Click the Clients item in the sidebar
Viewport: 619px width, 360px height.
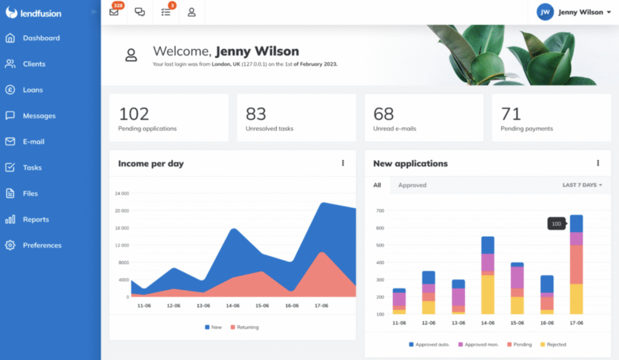click(34, 64)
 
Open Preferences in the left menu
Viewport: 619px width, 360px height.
click(42, 245)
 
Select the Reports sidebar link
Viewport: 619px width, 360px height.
click(36, 219)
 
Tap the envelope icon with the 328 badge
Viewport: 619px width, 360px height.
click(114, 12)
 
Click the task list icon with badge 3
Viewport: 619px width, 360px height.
click(166, 12)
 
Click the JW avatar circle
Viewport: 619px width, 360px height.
click(545, 12)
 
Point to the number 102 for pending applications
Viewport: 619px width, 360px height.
click(134, 114)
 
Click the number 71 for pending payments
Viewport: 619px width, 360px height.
click(511, 114)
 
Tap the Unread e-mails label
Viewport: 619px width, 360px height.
click(394, 129)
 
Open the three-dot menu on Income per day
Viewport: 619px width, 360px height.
click(343, 163)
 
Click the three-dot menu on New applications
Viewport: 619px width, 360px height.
click(598, 163)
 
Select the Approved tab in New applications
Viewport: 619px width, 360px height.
click(412, 185)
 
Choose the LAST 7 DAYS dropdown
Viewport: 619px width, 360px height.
click(582, 185)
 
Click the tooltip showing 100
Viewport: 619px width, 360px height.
click(556, 224)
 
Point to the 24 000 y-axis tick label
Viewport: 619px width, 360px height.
click(122, 194)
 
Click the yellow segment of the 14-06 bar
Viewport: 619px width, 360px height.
click(487, 294)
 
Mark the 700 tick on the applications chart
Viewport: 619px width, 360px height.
click(380, 211)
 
